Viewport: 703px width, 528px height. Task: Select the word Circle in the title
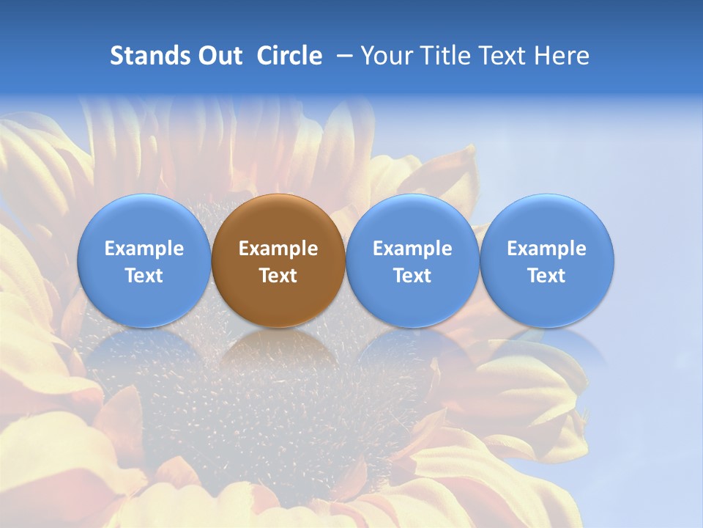coord(289,56)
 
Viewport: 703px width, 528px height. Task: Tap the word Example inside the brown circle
coord(278,249)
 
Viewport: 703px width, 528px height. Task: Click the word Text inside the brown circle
coord(278,276)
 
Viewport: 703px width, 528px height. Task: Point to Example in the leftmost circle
coord(144,249)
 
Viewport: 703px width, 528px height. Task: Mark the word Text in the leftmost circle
coord(144,276)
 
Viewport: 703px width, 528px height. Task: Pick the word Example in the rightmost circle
coord(547,249)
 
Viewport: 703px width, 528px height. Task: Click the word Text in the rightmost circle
coord(547,276)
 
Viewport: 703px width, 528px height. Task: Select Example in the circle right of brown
coord(412,249)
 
